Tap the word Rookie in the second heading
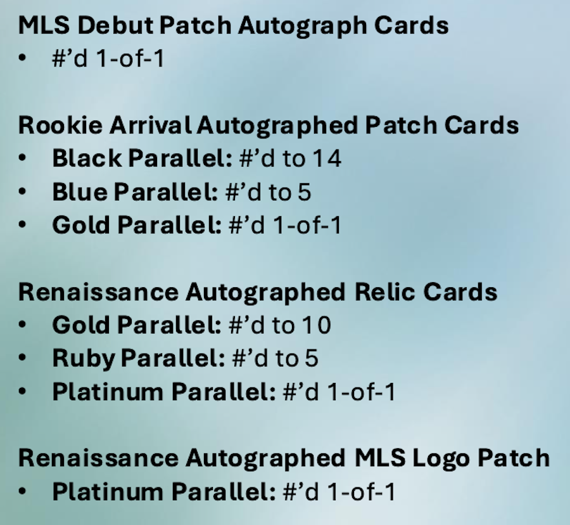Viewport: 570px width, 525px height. pos(60,125)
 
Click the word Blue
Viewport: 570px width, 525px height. pos(80,191)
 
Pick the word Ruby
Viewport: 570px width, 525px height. pos(84,359)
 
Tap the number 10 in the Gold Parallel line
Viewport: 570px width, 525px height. pos(317,325)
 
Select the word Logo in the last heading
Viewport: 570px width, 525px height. pos(441,458)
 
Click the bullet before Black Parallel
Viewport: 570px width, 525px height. pos(22,158)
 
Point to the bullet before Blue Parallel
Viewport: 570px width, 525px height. pos(22,191)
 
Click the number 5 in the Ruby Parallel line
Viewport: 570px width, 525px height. pos(312,358)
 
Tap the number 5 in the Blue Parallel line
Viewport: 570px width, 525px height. pos(304,191)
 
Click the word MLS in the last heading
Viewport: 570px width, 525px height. pos(380,458)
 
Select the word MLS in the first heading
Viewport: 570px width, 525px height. pos(44,25)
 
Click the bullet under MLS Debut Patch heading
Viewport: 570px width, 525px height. pos(22,58)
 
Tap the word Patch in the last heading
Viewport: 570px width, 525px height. pos(513,458)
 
